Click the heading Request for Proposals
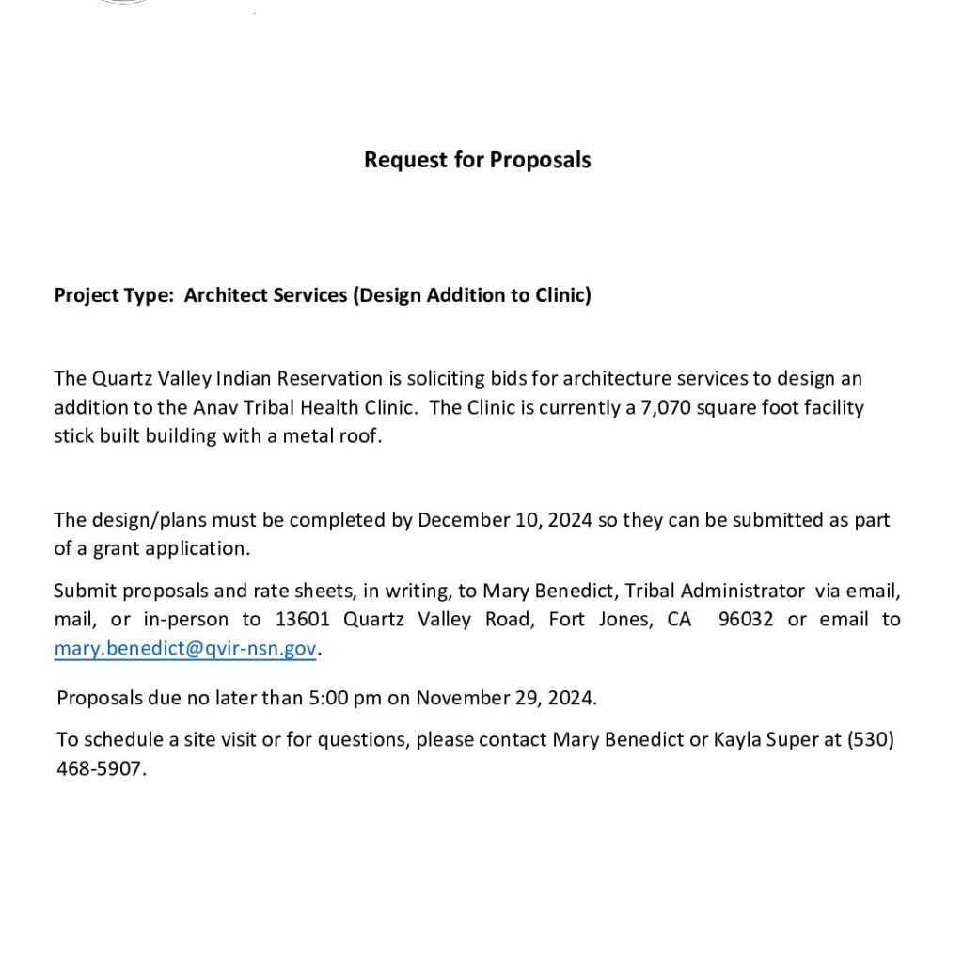click(477, 160)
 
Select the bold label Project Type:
click(113, 295)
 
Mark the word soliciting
click(437, 379)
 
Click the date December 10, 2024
click(505, 520)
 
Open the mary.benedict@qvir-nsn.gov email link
click(185, 649)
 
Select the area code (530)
click(871, 739)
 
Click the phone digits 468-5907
click(101, 768)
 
